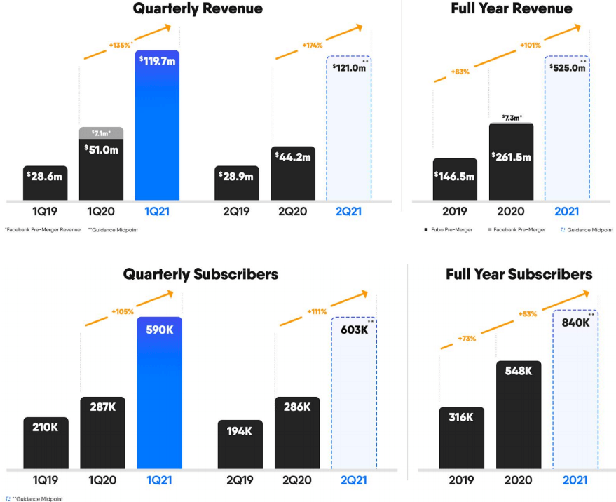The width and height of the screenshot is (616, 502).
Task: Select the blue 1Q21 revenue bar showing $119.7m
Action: point(158,126)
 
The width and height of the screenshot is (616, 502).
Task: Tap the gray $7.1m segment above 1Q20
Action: point(101,133)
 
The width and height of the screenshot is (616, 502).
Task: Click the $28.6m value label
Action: point(46,176)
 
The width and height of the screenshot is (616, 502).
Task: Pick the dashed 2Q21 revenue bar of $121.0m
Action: point(348,133)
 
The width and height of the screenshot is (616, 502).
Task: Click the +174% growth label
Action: point(313,45)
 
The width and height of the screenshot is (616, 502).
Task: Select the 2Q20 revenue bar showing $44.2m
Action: point(293,174)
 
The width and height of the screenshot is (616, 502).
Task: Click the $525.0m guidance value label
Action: point(568,68)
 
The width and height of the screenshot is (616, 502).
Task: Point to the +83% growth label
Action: point(460,72)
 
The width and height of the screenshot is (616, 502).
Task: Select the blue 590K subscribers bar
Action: point(158,393)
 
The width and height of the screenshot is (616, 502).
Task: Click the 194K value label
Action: point(240,431)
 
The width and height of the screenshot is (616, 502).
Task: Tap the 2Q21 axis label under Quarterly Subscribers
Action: point(353,481)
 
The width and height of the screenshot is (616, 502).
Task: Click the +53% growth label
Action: point(527,314)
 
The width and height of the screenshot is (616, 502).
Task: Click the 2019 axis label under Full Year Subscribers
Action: point(462,481)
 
